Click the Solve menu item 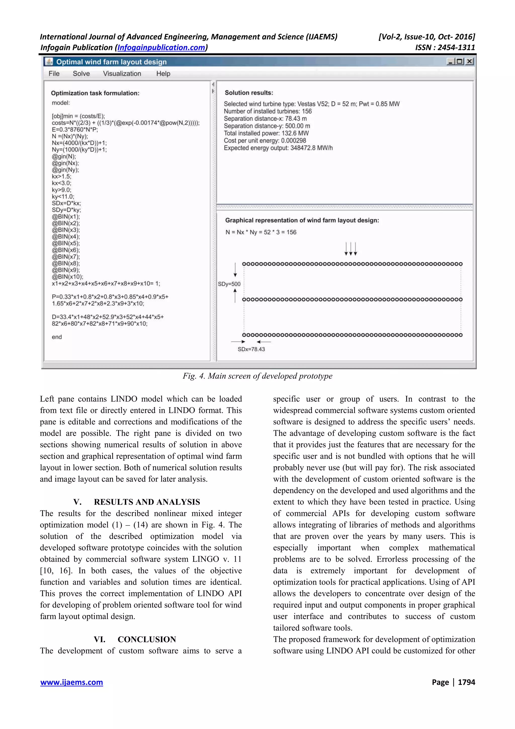tap(81, 74)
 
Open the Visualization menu tap(122, 74)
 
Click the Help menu tap(163, 74)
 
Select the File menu tap(54, 74)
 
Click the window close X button tap(470, 61)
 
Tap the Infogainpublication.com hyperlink tap(161, 48)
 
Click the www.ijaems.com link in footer tap(72, 682)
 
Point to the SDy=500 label tap(229, 284)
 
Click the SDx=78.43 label tap(251, 349)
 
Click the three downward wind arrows tap(351, 249)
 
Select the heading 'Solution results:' tap(249, 93)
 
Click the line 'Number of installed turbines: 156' tap(268, 111)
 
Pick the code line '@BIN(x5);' tap(66, 243)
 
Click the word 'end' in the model tap(57, 337)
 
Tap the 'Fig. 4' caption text tap(257, 376)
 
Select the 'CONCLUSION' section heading tap(147, 639)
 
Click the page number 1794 tap(466, 682)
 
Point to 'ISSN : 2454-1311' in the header tap(445, 48)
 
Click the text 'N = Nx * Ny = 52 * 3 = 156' tap(261, 232)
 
